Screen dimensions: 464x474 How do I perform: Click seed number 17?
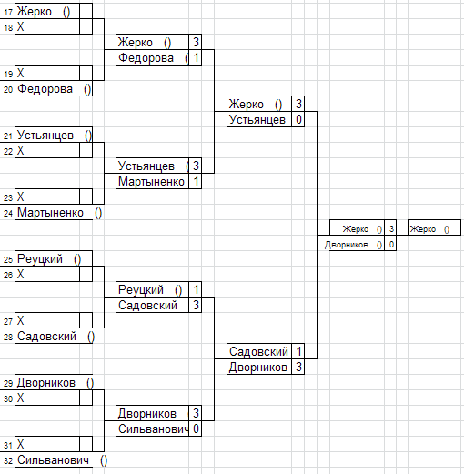[x=8, y=12]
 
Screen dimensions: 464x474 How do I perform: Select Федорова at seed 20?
[x=45, y=89]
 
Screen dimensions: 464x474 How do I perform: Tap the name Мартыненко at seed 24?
[x=50, y=213]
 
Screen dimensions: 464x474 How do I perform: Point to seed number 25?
[x=8, y=259]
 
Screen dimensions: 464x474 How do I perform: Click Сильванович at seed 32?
[x=54, y=460]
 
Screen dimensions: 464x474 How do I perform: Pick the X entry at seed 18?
[x=20, y=26]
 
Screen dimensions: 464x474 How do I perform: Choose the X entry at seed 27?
[x=20, y=320]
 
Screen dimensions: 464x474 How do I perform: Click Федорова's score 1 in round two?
[x=196, y=57]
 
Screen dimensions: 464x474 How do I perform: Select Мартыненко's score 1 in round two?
[x=196, y=181]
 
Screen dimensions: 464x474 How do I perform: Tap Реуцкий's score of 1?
[x=196, y=289]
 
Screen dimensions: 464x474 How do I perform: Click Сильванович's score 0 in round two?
[x=196, y=429]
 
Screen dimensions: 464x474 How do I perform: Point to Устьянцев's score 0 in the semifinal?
[x=298, y=119]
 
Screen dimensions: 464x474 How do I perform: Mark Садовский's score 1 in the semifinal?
[x=298, y=351]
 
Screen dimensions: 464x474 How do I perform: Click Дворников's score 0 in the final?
[x=391, y=245]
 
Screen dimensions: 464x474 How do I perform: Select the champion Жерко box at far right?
[x=434, y=227]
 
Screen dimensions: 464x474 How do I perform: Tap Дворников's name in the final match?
[x=347, y=245]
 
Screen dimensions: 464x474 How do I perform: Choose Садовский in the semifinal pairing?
[x=258, y=351]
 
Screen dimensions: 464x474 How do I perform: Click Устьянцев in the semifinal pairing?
[x=257, y=119]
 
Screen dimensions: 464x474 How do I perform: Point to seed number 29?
[x=8, y=383]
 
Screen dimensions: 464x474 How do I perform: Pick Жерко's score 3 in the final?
[x=391, y=228]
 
